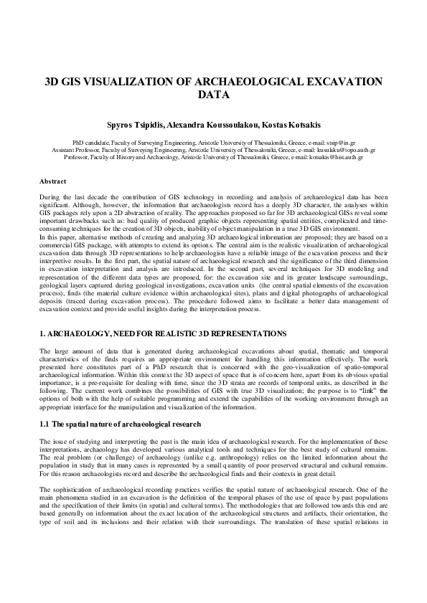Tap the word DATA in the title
(213, 95)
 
